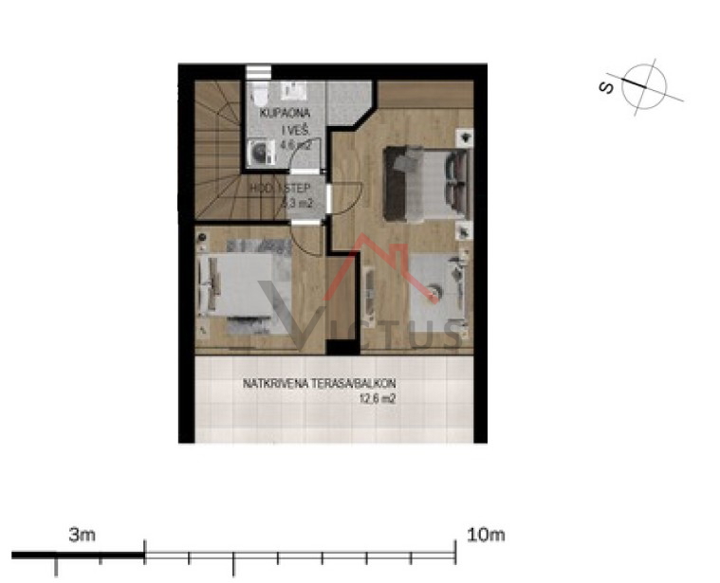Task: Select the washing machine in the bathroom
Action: click(x=257, y=153)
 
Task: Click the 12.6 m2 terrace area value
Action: click(x=377, y=400)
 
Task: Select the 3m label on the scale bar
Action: click(x=83, y=535)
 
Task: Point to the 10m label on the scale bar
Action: click(x=486, y=535)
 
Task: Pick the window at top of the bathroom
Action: click(x=257, y=72)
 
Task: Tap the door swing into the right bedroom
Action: click(x=345, y=198)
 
